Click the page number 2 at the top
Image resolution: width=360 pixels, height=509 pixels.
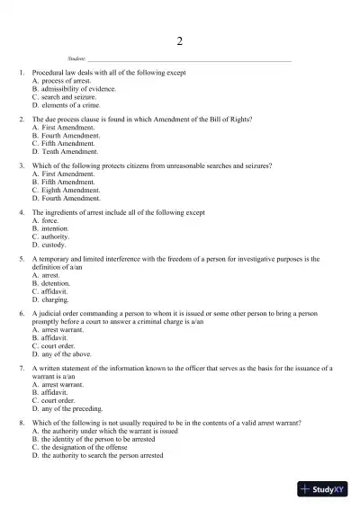point(180,41)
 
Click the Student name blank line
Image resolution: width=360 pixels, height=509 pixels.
point(190,58)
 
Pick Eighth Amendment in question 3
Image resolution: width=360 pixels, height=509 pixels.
point(67,190)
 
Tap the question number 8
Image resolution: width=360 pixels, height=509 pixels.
point(21,422)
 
